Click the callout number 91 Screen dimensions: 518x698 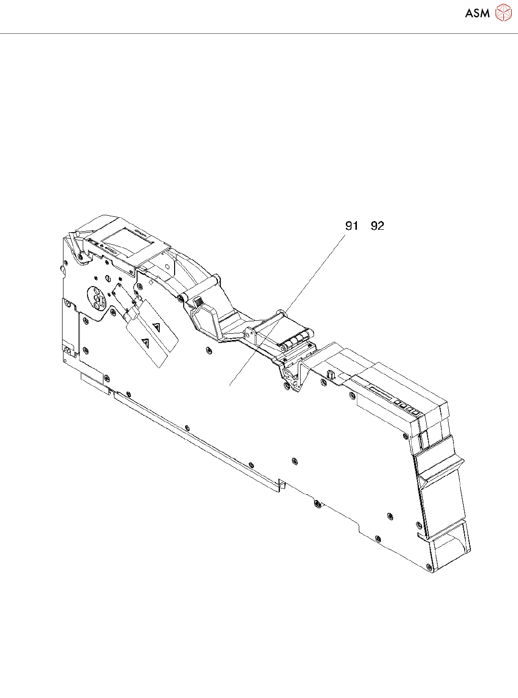352,226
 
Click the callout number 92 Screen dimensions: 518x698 378,226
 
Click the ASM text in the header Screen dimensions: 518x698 477,13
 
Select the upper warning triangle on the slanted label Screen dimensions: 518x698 156,327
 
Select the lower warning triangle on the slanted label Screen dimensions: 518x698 145,343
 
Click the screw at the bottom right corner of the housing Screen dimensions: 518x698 428,568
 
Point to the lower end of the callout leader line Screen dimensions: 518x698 230,385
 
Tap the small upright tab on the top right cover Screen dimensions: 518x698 331,374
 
